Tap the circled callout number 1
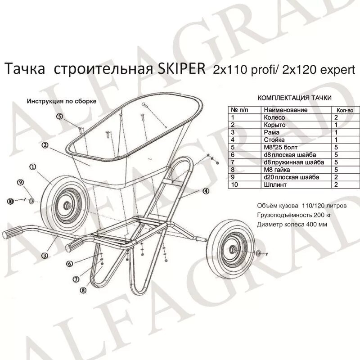(x=32, y=166)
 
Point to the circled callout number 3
(x=44, y=255)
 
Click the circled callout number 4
(x=205, y=191)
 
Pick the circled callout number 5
(x=60, y=116)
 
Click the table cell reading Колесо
(x=273, y=117)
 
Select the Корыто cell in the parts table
(x=274, y=125)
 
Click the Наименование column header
(x=285, y=110)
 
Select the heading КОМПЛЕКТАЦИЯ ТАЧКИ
(x=294, y=97)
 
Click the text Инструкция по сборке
(x=61, y=101)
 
